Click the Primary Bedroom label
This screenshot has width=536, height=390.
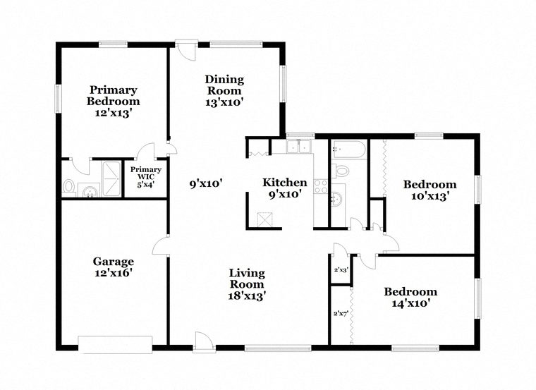coord(113,95)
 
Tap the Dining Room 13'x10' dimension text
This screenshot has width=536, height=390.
coord(224,102)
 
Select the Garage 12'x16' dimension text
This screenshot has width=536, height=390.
coord(113,273)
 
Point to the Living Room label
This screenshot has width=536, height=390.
coord(247,279)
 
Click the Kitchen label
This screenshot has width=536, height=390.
coord(284,182)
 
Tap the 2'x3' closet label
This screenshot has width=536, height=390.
coord(341,269)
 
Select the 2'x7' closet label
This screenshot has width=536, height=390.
coord(341,313)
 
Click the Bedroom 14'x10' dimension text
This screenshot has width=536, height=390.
coord(410,303)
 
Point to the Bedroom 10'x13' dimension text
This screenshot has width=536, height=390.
coord(430,196)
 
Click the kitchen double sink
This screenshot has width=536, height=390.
coord(298,147)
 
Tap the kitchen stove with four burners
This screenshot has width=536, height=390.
coord(321,187)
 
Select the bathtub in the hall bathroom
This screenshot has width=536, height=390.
coord(349,149)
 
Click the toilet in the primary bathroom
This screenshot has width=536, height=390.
coord(68,188)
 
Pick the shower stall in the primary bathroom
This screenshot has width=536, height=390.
coord(111,178)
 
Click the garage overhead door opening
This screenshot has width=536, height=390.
coord(115,345)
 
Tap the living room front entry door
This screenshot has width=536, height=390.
coord(204,342)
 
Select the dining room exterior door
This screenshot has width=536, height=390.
coord(186,50)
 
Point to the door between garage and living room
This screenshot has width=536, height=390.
coord(161,245)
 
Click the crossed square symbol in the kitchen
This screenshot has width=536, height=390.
coord(264,219)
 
